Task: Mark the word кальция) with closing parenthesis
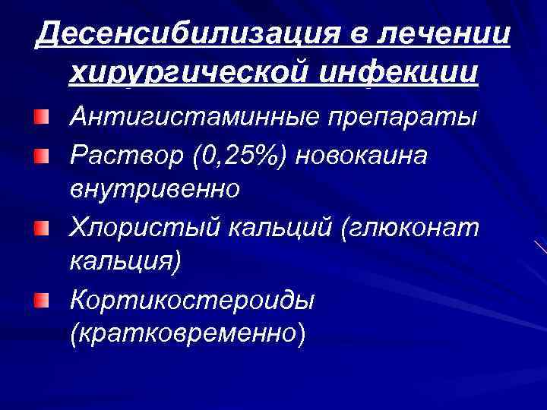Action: [125, 261]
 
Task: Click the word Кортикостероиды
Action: [191, 299]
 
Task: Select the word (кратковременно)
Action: [188, 334]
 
